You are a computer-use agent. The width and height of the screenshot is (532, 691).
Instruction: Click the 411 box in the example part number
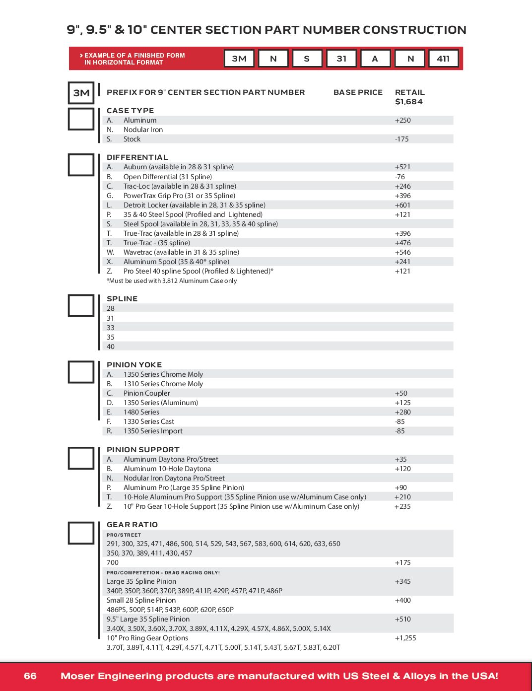(443, 59)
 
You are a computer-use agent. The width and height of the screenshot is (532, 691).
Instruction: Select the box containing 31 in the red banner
(341, 59)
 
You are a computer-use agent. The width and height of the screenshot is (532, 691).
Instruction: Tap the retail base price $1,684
(409, 102)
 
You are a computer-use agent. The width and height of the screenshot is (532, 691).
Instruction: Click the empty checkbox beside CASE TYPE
(81, 119)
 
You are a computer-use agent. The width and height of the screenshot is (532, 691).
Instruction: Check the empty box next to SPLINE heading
(81, 306)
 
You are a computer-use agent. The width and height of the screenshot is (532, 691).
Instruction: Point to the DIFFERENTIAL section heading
(137, 157)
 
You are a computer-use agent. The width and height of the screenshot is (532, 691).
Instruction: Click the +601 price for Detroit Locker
(402, 205)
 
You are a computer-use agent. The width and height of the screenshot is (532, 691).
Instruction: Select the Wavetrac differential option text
(181, 252)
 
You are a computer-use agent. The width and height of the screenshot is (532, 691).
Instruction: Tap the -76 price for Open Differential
(400, 177)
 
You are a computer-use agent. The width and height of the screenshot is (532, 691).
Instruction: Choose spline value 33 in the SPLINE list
(111, 328)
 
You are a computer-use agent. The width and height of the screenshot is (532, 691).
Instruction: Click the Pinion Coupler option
(147, 393)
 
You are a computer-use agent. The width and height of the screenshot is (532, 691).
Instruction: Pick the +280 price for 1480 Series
(402, 412)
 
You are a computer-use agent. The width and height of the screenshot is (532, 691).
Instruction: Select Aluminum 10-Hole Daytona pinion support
(167, 469)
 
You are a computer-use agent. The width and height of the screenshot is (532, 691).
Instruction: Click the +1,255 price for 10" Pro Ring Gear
(405, 638)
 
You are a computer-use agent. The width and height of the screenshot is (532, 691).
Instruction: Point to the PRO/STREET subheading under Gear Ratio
(124, 535)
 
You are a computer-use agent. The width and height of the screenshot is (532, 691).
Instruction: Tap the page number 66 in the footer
(30, 676)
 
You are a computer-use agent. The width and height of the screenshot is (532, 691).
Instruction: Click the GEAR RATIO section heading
(132, 525)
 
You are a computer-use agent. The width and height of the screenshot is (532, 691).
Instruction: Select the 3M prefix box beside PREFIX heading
(81, 93)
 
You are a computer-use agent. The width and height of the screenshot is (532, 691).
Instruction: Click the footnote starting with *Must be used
(172, 281)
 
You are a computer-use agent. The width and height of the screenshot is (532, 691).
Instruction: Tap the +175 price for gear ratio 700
(402, 562)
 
